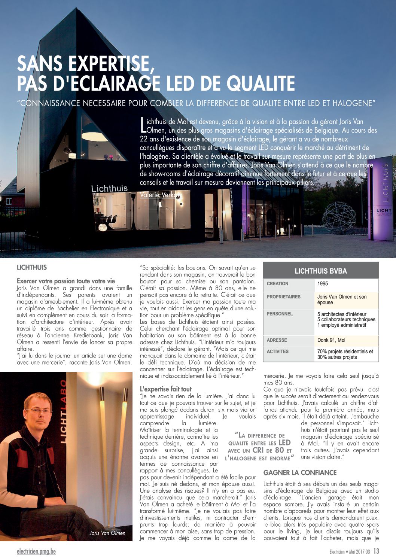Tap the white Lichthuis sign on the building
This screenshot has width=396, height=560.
click(109, 189)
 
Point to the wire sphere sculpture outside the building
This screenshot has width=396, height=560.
click(339, 216)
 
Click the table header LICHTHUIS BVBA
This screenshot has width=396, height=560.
click(321, 271)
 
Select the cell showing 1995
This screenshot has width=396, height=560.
click(323, 284)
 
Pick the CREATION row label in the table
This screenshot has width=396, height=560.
click(277, 284)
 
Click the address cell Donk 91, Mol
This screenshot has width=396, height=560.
click(331, 340)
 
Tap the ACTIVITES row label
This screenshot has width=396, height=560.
click(278, 351)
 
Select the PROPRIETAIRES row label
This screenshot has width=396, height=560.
click(283, 297)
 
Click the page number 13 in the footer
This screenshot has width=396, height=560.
click(376, 551)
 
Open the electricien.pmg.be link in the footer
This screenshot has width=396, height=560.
click(36, 551)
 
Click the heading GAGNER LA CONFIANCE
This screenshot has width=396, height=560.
click(300, 473)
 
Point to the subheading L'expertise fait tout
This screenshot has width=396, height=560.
click(165, 389)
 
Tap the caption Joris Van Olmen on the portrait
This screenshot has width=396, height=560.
click(107, 533)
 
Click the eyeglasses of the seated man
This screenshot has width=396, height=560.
click(38, 411)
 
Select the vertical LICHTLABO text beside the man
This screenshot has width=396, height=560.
click(63, 412)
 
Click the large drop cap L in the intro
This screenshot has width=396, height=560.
click(143, 125)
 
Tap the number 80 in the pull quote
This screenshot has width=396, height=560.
click(279, 450)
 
